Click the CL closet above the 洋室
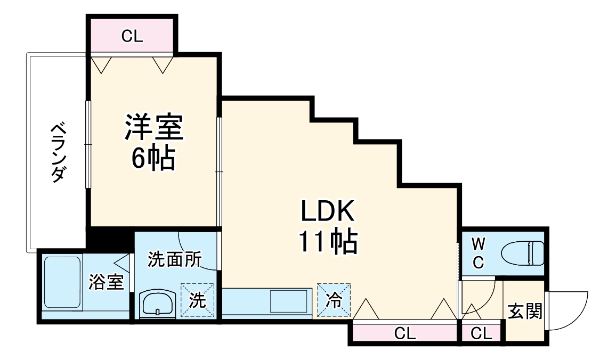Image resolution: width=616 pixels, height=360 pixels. tap(132, 36)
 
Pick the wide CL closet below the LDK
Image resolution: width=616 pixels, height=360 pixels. tap(404, 334)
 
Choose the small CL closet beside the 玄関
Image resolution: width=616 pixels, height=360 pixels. tap(481, 334)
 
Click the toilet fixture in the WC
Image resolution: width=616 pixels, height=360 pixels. tap(524, 252)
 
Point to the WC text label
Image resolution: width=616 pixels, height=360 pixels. tap(478, 253)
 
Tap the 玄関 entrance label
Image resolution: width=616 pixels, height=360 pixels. tap(525, 311)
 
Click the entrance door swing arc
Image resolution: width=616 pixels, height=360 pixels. tap(569, 309)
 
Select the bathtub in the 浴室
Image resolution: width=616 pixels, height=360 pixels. tap(61, 282)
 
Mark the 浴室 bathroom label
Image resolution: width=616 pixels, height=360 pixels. tap(107, 283)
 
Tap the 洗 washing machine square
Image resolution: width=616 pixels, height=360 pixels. tap(197, 300)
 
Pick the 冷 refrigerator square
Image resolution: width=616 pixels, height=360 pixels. tap(334, 300)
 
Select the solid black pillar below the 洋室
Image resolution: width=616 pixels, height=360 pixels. tap(109, 238)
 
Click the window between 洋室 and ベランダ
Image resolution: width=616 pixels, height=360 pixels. tap(88, 144)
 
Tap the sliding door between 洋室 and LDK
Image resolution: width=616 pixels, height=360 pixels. tap(218, 170)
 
